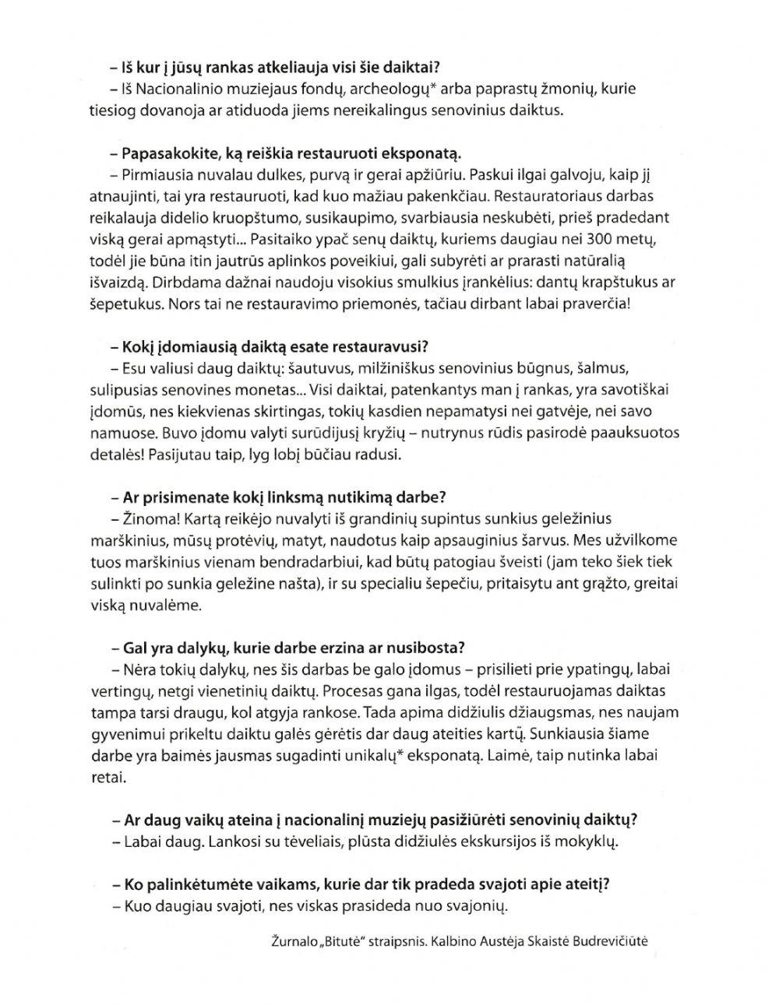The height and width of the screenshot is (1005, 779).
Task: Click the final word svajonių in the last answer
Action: pyautogui.click(x=475, y=906)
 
